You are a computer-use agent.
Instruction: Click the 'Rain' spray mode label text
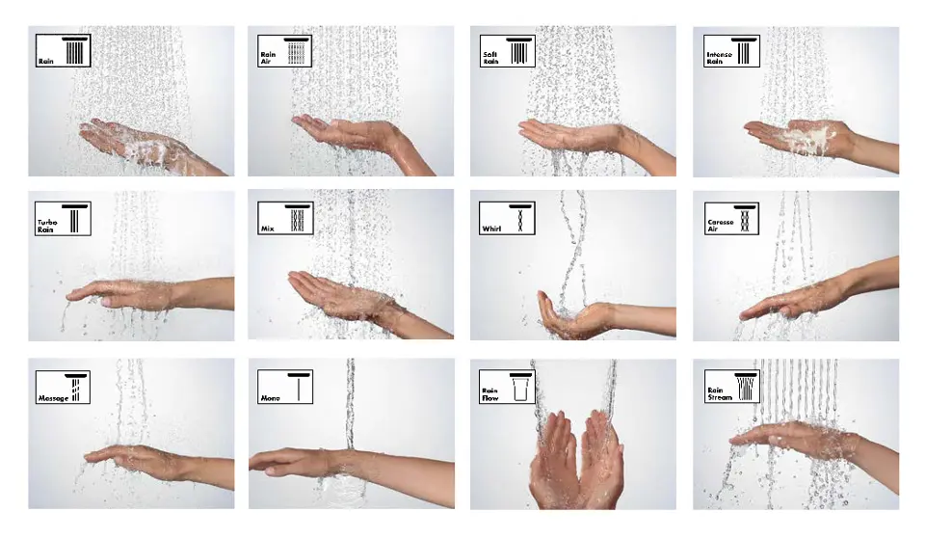[46, 61]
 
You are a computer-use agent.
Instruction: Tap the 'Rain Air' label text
[268, 58]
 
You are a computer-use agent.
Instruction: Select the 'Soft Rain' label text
[490, 58]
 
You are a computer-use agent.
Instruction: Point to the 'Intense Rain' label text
[719, 58]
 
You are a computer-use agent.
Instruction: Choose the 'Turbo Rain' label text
[48, 228]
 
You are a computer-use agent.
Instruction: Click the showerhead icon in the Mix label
[299, 219]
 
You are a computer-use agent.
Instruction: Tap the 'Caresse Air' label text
[720, 227]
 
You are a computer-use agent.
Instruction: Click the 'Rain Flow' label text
[490, 393]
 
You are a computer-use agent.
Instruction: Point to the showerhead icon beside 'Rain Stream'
[746, 386]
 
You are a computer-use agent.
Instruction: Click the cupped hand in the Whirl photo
[574, 320]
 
